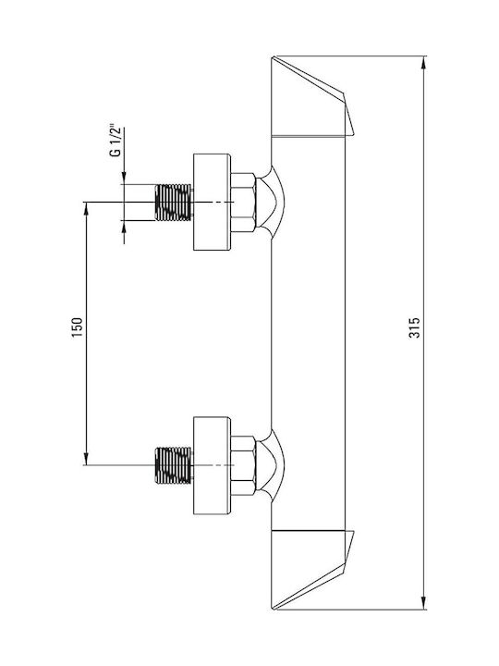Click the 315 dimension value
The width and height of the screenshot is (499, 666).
coord(415,327)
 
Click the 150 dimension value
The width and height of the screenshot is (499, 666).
coord(78,327)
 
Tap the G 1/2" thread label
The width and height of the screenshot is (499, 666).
coord(116,141)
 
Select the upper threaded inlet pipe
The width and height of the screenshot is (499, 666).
coord(173,203)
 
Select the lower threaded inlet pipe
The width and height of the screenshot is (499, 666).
coord(173,465)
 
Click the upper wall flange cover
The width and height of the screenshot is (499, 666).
coord(213,203)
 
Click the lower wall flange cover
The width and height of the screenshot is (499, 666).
coord(213,465)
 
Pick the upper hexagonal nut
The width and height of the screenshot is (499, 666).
coord(244,203)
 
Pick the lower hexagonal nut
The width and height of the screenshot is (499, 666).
coord(244,465)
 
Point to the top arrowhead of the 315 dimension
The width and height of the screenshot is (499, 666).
coord(423,62)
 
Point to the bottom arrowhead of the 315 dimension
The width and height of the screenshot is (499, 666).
coord(423,603)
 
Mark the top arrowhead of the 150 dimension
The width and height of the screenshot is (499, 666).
coord(86,208)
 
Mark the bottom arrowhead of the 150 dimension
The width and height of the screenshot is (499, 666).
coord(86,459)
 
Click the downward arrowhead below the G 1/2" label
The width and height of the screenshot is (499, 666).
coord(124,178)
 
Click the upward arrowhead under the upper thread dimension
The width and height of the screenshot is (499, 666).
coord(124,228)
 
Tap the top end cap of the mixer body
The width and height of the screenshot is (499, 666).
coord(312,96)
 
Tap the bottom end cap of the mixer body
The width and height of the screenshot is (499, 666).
coord(312,570)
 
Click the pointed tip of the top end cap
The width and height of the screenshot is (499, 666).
coord(353,135)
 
